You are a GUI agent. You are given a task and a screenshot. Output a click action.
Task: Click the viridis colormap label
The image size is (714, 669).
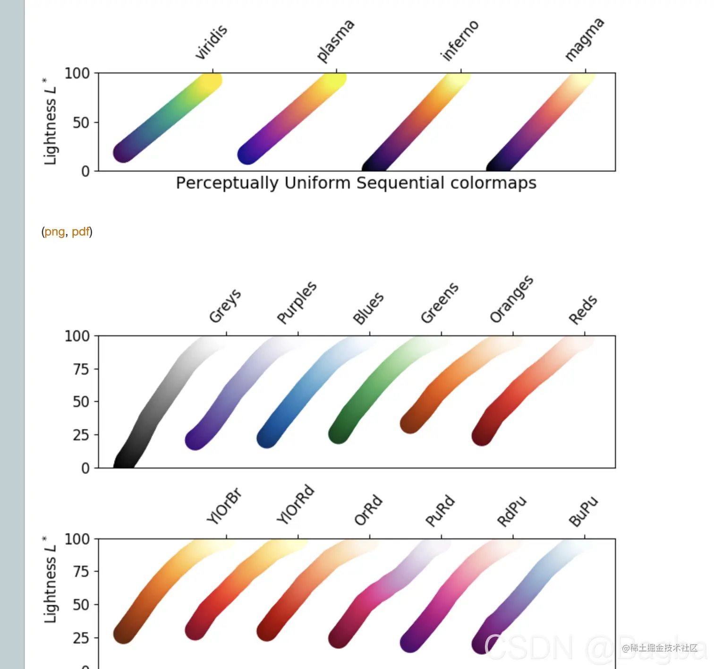(x=212, y=43)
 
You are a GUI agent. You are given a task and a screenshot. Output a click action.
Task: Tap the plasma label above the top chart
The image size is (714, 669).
(x=335, y=41)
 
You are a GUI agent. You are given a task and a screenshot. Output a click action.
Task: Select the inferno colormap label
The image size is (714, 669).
(x=459, y=41)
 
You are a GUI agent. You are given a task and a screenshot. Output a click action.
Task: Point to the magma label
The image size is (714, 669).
(x=584, y=40)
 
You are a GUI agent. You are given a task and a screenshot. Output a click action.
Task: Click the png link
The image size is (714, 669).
(x=55, y=232)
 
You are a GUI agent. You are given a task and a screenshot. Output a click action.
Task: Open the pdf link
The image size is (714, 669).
(x=80, y=232)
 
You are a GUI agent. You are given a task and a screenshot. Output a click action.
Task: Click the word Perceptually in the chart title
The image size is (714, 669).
(x=227, y=183)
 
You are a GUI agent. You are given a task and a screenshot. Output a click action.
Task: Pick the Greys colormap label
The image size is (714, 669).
(x=225, y=306)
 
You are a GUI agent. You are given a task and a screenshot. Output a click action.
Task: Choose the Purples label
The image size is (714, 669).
(x=297, y=303)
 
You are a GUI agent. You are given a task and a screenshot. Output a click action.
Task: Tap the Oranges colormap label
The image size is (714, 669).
(x=511, y=300)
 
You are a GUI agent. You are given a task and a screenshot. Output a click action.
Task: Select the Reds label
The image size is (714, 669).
(x=583, y=310)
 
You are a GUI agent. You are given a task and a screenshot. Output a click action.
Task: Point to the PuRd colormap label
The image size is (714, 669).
(x=440, y=511)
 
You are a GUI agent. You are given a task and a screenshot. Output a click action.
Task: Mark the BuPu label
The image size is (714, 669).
(x=583, y=512)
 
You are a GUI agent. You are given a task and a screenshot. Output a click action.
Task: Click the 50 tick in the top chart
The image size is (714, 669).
(x=81, y=123)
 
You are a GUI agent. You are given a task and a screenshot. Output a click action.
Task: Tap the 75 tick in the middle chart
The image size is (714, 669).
(x=81, y=369)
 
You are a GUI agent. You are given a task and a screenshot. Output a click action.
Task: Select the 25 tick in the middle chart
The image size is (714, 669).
(x=81, y=435)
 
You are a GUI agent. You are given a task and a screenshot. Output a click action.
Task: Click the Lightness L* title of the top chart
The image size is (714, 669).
(x=50, y=122)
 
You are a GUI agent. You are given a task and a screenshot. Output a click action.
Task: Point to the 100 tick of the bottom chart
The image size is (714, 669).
(x=77, y=539)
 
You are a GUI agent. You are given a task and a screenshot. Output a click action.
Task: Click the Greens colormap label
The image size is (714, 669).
(x=439, y=303)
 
